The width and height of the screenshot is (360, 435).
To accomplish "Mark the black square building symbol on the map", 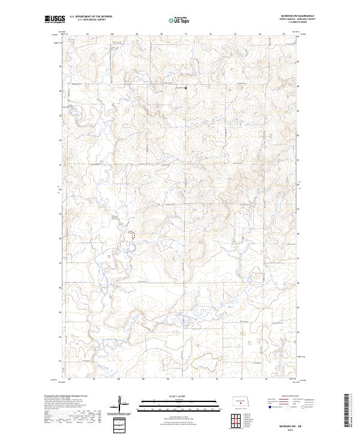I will tap(186, 89).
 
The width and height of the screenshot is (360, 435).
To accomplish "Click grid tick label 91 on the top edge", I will tap(186, 34).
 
